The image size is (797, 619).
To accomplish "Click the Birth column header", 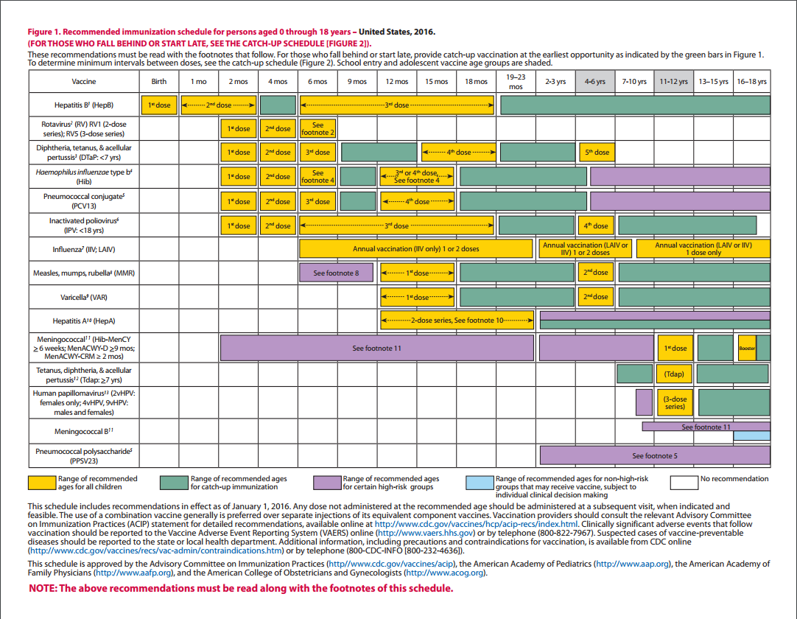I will [x=158, y=82].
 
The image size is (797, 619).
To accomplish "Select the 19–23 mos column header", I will [x=516, y=82].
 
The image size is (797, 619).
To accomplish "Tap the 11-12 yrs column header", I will [x=674, y=82].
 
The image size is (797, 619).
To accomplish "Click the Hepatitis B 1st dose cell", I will [x=158, y=105].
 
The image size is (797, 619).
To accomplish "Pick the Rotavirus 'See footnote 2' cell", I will [x=318, y=129].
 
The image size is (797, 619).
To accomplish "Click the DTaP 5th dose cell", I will [x=597, y=153].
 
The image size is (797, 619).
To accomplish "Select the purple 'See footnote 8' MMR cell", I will [x=337, y=273].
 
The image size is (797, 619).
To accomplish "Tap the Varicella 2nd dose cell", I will [x=597, y=297].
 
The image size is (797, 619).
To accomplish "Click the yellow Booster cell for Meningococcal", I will [x=747, y=348].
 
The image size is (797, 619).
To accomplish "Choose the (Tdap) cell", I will [x=674, y=374].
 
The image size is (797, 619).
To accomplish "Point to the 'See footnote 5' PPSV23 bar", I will [x=655, y=455].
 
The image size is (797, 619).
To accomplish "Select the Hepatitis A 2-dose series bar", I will [x=457, y=321].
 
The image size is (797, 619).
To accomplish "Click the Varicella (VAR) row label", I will [x=84, y=297].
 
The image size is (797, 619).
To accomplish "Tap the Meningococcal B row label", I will [x=84, y=431].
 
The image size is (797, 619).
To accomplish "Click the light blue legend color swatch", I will [x=479, y=483].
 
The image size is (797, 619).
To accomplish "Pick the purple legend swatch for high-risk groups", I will [x=326, y=483].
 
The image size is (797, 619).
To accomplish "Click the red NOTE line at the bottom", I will [x=241, y=588].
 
